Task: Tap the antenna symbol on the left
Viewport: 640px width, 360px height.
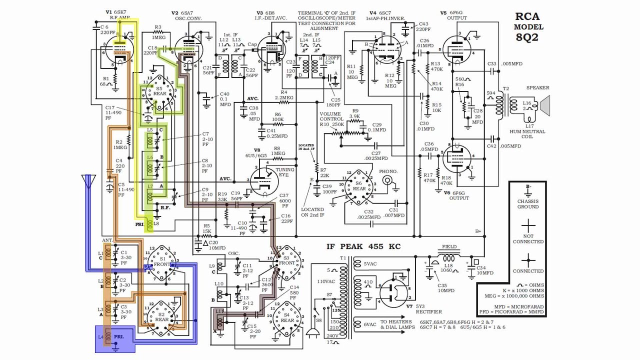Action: [x=88, y=181]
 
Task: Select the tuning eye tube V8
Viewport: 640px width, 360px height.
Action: [x=263, y=180]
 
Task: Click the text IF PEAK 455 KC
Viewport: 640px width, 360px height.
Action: [x=363, y=246]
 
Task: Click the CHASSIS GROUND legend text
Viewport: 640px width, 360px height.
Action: [x=528, y=203]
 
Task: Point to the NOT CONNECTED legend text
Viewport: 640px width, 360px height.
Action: [x=528, y=238]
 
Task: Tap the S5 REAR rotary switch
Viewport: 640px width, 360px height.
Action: [x=159, y=92]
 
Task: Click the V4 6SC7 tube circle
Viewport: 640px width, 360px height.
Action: [x=386, y=49]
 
